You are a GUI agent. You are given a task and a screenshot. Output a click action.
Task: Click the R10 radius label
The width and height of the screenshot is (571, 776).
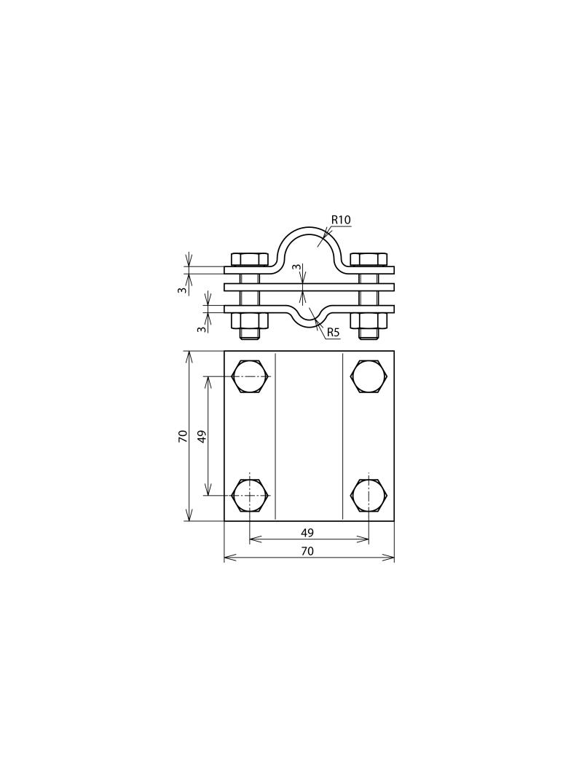click(x=341, y=219)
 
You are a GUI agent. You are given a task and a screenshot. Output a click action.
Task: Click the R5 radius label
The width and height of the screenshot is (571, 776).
click(x=334, y=333)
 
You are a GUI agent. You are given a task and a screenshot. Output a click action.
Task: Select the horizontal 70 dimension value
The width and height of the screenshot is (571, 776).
click(x=307, y=551)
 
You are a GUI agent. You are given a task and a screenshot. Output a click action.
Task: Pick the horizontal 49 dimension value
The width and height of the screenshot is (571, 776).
click(x=307, y=533)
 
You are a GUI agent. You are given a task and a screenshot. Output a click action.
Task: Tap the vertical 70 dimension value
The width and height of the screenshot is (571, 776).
click(x=184, y=436)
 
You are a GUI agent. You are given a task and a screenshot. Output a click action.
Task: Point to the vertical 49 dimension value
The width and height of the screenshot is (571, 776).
click(x=201, y=436)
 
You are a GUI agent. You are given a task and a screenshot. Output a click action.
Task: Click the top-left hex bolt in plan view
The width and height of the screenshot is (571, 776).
click(x=250, y=376)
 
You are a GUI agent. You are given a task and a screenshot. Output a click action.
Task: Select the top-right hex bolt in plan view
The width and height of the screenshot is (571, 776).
click(x=369, y=376)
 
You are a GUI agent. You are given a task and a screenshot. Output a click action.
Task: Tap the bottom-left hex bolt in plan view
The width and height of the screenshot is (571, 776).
click(x=250, y=496)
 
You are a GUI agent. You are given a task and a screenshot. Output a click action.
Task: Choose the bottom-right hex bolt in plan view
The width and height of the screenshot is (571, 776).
click(x=369, y=496)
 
